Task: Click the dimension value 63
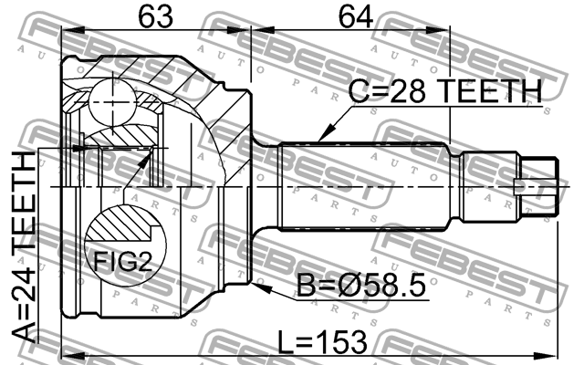pos(156,16)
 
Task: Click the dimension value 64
pos(355,16)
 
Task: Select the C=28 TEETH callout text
pos(445,91)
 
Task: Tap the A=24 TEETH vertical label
pos(24,247)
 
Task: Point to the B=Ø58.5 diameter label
pos(361,286)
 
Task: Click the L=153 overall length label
pos(323,342)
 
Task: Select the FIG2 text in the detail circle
pos(122,261)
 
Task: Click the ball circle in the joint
pos(111,102)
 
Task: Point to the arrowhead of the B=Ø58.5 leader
pos(259,287)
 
